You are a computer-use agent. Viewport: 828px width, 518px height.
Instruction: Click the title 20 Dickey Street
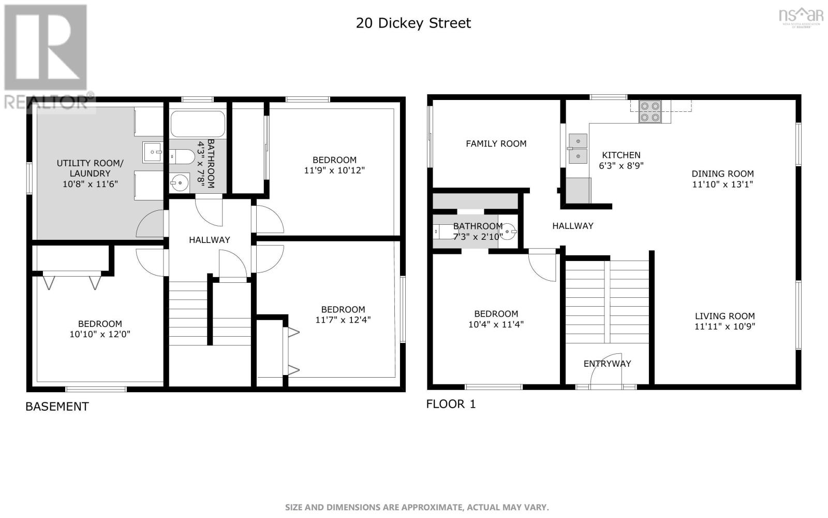(413, 23)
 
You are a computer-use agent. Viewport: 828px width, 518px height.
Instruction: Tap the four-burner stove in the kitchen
(650, 111)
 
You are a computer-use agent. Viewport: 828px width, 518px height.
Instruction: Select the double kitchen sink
(578, 149)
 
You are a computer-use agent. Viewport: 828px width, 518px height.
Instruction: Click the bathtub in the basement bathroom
(197, 124)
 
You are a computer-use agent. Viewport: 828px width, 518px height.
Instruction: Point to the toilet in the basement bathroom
(182, 155)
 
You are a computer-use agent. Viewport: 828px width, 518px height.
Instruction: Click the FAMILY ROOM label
(496, 143)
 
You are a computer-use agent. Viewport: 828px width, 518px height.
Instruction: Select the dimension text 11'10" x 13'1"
(722, 184)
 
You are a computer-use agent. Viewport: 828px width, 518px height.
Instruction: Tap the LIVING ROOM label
(724, 315)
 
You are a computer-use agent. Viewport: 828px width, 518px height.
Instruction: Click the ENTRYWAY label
(607, 364)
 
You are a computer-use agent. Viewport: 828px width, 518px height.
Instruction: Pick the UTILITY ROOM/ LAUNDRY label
(90, 168)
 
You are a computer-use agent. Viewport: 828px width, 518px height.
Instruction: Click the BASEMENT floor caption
(57, 407)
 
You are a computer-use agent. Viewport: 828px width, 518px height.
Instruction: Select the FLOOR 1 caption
(450, 404)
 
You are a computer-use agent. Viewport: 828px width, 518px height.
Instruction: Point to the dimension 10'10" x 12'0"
(100, 335)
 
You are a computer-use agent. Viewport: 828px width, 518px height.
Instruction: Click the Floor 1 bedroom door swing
(543, 267)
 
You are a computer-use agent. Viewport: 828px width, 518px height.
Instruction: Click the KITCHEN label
(621, 155)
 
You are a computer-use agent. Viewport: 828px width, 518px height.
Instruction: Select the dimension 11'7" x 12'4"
(343, 320)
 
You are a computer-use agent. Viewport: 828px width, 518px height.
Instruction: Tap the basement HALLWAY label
(209, 240)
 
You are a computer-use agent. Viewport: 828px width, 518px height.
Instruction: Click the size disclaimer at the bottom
(417, 507)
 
